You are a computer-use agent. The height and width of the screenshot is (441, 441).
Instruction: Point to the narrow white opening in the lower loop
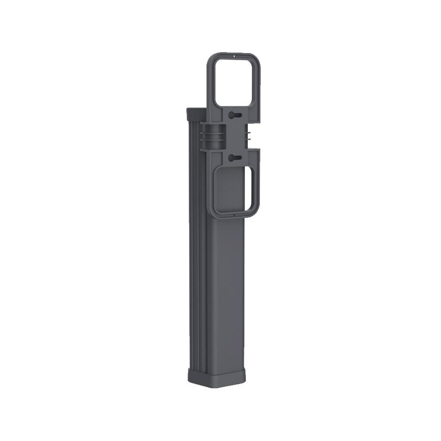(252, 189)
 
